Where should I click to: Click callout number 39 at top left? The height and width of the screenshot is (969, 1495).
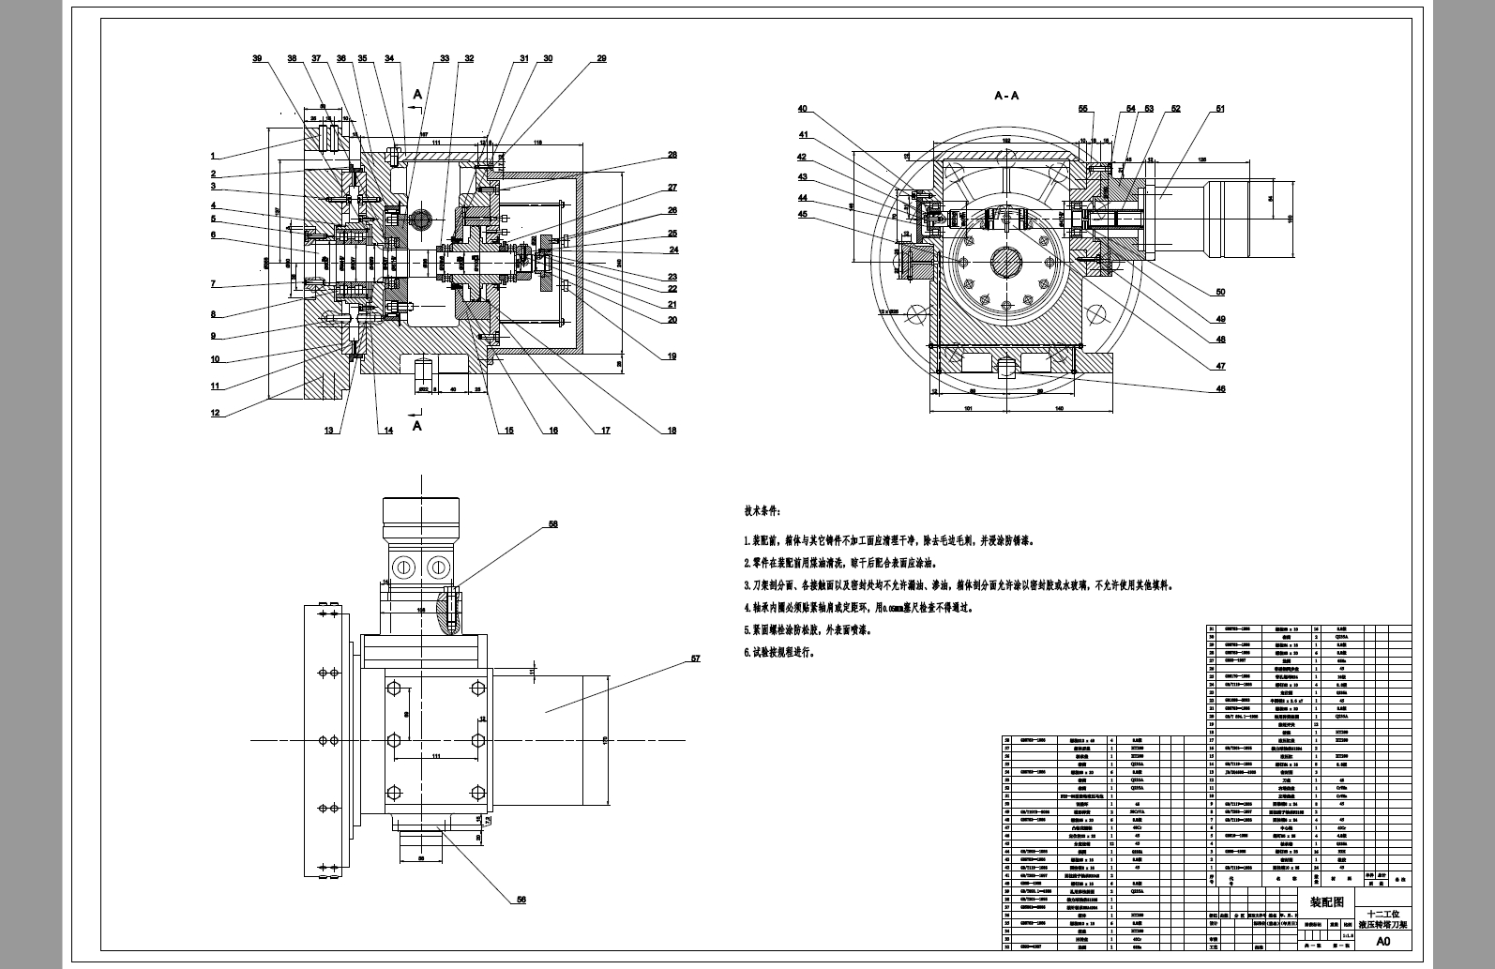click(257, 58)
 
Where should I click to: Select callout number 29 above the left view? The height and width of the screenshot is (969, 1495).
click(601, 58)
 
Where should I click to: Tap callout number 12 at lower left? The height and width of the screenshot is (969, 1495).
click(215, 413)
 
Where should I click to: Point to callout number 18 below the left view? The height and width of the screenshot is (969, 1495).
click(672, 431)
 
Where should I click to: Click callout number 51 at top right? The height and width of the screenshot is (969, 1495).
click(1220, 109)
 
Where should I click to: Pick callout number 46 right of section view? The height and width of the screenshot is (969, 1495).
click(1220, 389)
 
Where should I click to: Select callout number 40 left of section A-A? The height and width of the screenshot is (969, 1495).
click(803, 110)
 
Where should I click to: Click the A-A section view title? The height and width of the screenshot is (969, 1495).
click(1006, 96)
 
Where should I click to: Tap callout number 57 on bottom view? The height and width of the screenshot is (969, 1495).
click(695, 659)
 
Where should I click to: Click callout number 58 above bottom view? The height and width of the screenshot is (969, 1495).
click(552, 524)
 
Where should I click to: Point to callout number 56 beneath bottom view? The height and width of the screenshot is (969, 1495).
click(521, 900)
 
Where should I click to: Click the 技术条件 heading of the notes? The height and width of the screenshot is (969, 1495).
click(763, 511)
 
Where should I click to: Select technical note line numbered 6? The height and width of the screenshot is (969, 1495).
click(779, 652)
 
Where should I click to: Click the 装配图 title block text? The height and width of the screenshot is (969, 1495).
click(1326, 901)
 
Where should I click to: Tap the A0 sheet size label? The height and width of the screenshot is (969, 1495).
click(1383, 941)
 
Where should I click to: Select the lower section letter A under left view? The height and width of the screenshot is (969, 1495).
click(417, 425)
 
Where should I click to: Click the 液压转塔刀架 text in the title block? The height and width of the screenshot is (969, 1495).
click(1383, 924)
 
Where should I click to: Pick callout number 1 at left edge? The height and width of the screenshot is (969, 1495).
click(214, 156)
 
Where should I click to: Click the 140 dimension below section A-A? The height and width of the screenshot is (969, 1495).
click(1058, 409)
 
